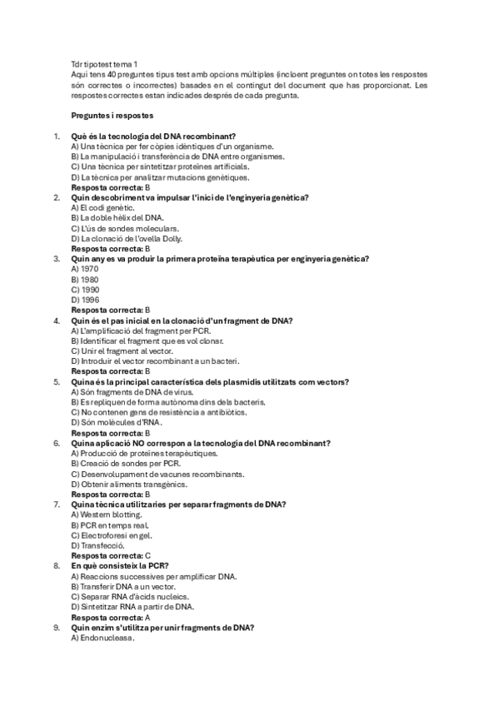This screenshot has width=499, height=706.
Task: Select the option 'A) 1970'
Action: click(86, 269)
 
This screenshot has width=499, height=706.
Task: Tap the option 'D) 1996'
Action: click(86, 300)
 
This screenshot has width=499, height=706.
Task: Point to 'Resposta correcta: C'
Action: click(111, 555)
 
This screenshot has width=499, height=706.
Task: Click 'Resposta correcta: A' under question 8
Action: click(111, 617)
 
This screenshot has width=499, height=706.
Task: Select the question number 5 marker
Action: click(57, 381)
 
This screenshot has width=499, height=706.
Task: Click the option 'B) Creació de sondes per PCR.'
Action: click(126, 464)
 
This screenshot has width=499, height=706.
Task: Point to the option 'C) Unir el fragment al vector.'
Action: click(124, 351)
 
